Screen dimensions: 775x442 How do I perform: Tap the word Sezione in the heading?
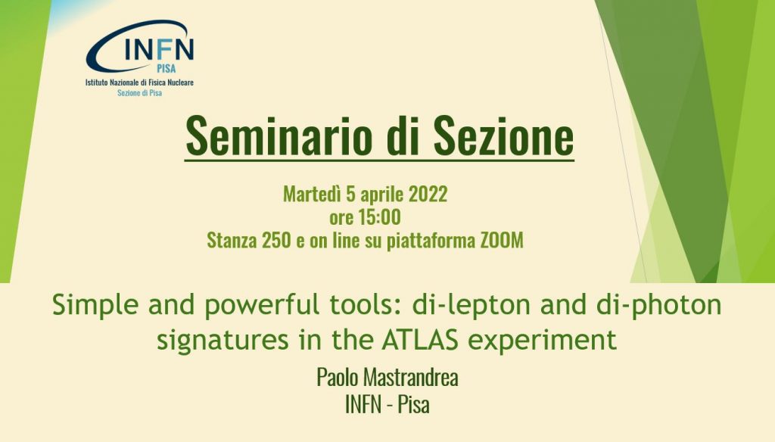(503, 135)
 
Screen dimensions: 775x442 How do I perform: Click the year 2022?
(428, 194)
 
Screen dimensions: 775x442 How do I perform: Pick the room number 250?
(276, 240)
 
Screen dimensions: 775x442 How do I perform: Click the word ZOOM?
(502, 240)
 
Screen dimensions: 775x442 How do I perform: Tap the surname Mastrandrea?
(411, 377)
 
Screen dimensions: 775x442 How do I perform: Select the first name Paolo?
(338, 377)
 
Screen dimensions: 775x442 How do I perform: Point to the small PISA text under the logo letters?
(166, 68)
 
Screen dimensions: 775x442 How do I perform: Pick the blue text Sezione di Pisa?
(139, 92)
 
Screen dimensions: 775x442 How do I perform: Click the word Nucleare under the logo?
(180, 82)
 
